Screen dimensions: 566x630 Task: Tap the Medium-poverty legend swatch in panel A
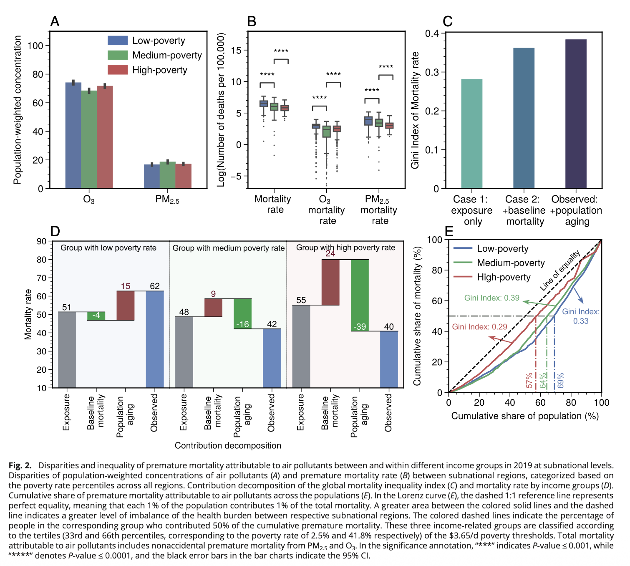(117, 55)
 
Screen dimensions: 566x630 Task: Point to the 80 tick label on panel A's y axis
(38, 74)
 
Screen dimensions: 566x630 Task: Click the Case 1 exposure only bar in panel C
(471, 134)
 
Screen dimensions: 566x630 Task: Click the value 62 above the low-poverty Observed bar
(155, 286)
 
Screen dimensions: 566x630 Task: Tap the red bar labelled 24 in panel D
(330, 282)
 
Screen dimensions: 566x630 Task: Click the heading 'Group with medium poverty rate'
(228, 248)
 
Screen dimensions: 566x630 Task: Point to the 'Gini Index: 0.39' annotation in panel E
(491, 298)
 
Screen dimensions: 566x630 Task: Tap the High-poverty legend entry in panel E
(504, 277)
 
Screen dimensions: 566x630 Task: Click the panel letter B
(252, 22)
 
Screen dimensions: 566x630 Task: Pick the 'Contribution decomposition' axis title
(228, 445)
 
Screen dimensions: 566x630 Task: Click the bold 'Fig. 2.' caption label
(20, 465)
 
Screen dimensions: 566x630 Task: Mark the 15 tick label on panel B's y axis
(236, 51)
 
